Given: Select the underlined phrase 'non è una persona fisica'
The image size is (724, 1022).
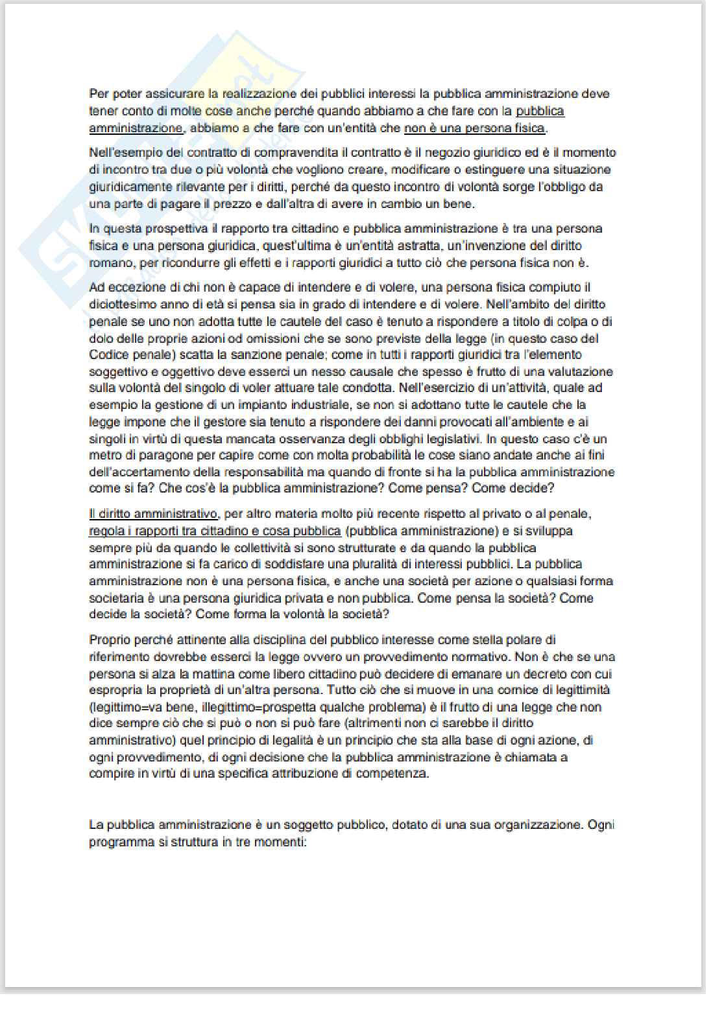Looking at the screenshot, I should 474,128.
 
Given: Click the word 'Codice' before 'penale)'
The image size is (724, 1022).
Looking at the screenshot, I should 108,354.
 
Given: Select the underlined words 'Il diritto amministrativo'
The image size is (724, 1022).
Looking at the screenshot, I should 153,514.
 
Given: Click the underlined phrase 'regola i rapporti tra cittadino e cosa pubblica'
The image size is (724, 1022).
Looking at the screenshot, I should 215,531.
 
